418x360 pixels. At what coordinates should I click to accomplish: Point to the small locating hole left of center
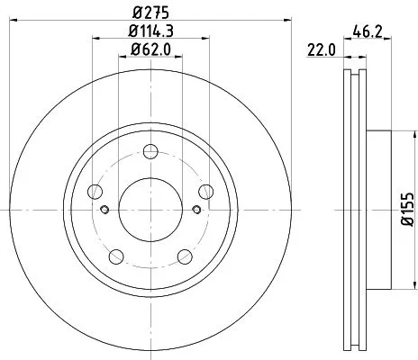tap(105, 211)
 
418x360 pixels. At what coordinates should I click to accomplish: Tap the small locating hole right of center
tap(196, 211)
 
